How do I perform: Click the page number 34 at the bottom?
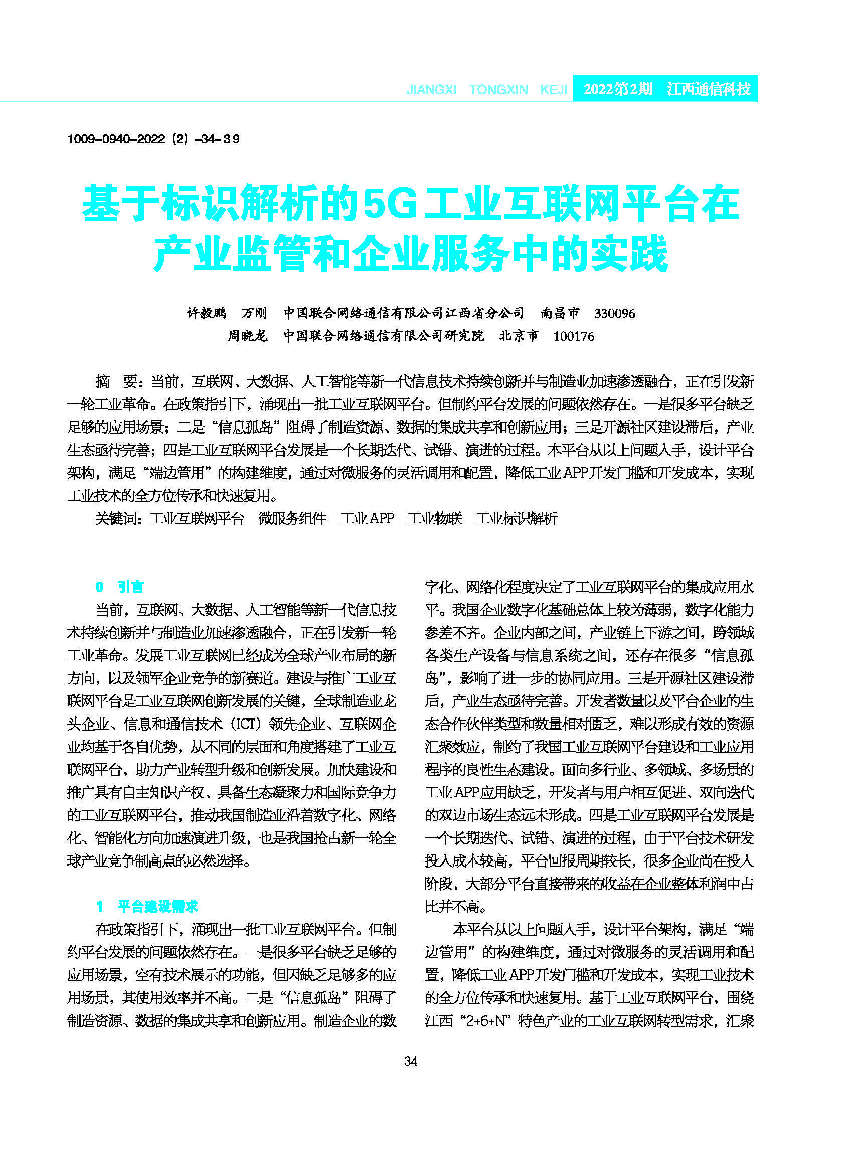click(411, 1062)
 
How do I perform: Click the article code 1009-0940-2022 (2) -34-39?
click(153, 139)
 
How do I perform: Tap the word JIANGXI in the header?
click(431, 90)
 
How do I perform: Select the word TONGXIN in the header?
click(498, 90)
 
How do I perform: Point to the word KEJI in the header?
click(554, 90)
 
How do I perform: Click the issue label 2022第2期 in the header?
click(617, 89)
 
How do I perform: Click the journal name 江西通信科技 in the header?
click(708, 89)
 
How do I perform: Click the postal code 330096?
click(614, 313)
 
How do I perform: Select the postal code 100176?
click(573, 336)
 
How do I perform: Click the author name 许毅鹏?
click(207, 313)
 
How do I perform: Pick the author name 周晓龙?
click(247, 336)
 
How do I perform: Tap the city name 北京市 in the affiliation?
click(519, 336)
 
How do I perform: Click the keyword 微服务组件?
click(292, 518)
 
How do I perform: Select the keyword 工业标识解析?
click(517, 518)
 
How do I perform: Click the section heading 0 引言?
click(120, 587)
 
